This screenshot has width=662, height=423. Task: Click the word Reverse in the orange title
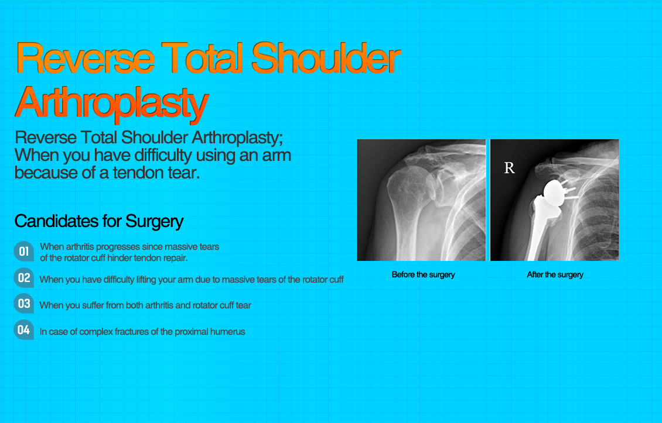86,59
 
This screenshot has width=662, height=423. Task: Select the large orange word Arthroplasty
111,103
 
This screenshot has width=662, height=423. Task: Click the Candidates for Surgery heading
99,221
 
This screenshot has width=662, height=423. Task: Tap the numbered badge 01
23,252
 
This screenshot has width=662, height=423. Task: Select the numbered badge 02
23,278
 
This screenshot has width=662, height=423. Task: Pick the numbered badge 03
23,304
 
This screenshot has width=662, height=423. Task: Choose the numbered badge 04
23,330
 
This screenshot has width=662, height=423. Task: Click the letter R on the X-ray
509,168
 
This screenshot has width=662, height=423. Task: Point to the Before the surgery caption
423,274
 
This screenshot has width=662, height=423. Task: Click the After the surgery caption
555,274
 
